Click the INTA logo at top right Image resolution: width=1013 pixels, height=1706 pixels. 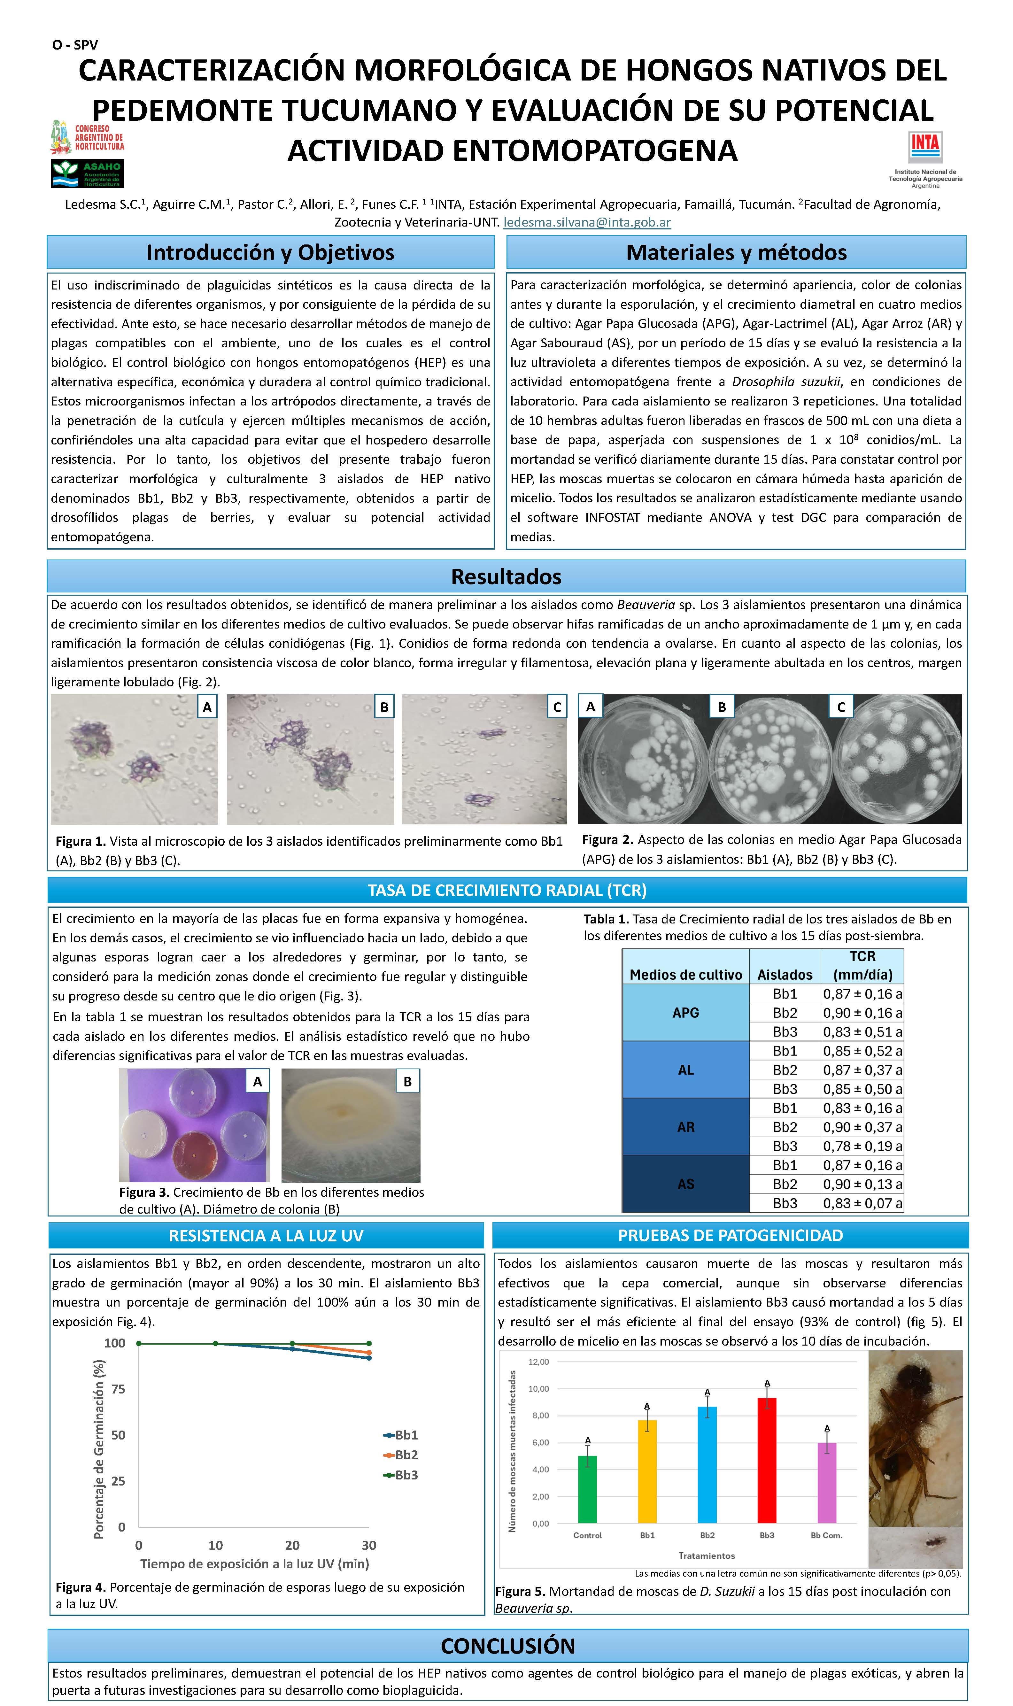[925, 148]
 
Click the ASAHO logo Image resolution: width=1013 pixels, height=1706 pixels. [87, 173]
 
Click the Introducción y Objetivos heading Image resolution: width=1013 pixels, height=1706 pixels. [270, 252]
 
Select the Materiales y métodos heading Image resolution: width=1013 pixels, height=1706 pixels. [736, 252]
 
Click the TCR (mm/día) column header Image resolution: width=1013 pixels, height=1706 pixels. [862, 966]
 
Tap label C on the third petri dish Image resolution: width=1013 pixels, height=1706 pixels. [841, 707]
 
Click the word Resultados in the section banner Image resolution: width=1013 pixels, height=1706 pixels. [507, 577]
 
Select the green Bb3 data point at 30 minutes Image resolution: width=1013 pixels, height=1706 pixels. [369, 1343]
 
